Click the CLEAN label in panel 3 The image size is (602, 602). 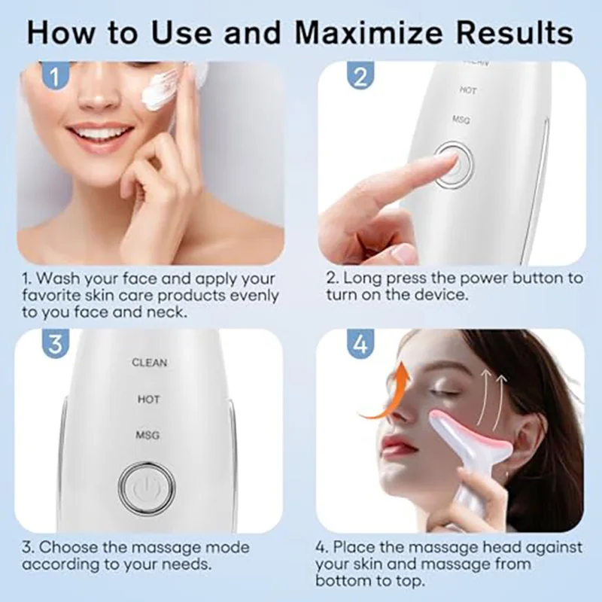(149, 363)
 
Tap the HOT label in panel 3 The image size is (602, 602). (148, 399)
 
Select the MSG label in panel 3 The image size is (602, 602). (147, 435)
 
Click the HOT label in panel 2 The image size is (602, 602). (468, 90)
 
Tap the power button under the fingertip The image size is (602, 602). (451, 160)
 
